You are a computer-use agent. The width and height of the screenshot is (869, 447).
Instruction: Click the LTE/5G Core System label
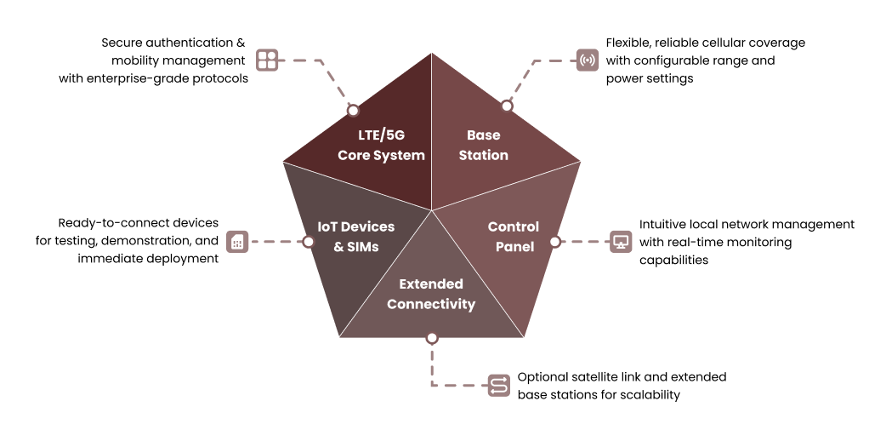click(381, 145)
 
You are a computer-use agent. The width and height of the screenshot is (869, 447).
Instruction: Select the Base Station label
click(483, 145)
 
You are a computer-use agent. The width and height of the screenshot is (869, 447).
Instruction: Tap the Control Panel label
click(514, 237)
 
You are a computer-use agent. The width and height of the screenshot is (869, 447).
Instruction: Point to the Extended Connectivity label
click(431, 294)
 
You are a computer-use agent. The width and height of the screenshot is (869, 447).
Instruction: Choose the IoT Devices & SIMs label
click(355, 237)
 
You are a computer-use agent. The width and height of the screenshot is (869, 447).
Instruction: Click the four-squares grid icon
click(267, 60)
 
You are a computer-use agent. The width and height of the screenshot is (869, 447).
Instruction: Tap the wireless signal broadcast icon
click(588, 60)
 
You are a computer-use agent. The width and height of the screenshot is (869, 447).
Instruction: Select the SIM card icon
click(238, 242)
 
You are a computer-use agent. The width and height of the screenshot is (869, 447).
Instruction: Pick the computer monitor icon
click(622, 242)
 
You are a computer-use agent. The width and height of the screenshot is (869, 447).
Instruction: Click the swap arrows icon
click(499, 386)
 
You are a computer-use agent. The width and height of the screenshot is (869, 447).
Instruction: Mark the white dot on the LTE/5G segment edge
click(353, 111)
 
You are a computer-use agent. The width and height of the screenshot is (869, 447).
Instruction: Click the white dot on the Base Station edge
click(507, 106)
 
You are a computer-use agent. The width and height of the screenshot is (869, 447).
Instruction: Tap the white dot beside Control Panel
click(554, 242)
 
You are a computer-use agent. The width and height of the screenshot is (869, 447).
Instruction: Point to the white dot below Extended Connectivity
click(432, 338)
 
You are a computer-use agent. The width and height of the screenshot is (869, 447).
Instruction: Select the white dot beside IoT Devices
click(309, 242)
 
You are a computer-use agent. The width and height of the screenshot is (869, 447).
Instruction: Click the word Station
click(483, 156)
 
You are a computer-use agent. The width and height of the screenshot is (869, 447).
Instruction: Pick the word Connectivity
click(431, 305)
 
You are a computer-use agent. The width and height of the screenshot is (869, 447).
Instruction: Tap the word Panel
click(514, 247)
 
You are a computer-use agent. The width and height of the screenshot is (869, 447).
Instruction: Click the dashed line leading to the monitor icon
click(585, 242)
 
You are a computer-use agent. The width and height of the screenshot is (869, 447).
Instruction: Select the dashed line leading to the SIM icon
click(276, 242)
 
